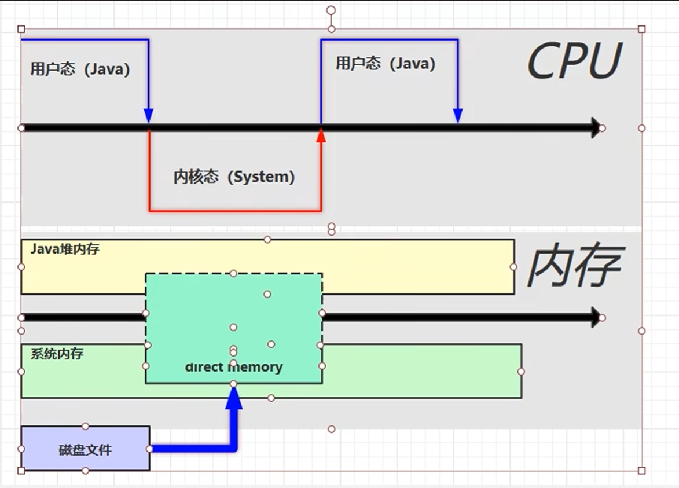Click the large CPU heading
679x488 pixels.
(x=575, y=60)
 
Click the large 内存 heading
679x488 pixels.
(x=575, y=266)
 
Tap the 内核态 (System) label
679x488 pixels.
(x=234, y=177)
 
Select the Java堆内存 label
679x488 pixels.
(x=65, y=249)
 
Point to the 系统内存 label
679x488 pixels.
(x=57, y=354)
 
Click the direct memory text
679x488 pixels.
(x=234, y=367)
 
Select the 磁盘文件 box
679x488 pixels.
(x=85, y=448)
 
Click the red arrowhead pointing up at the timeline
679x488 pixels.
(x=321, y=135)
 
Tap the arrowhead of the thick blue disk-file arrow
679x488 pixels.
(x=234, y=398)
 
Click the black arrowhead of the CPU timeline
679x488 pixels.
(x=596, y=128)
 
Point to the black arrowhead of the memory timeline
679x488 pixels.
(x=596, y=317)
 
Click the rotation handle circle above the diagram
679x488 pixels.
(x=331, y=10)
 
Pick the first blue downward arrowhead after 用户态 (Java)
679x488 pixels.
(x=149, y=116)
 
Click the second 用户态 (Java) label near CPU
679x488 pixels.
(x=386, y=63)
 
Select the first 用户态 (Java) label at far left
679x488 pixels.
(x=80, y=69)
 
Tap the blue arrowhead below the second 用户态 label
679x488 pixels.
(x=458, y=116)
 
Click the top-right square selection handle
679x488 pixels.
(x=642, y=29)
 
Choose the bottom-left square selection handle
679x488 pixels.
(x=21, y=471)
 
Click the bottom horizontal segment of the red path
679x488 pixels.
(x=235, y=211)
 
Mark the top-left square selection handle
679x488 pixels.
(x=21, y=29)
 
